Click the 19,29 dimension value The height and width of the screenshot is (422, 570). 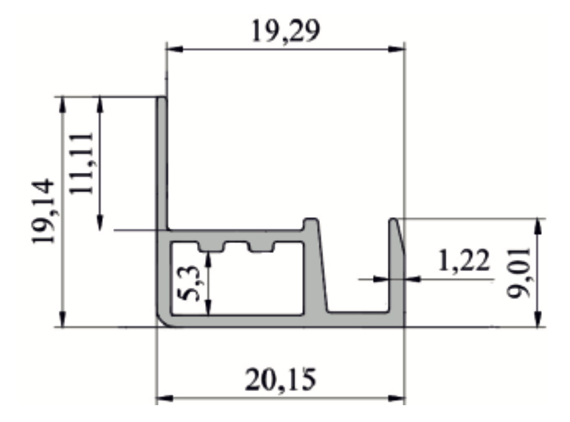tap(285, 31)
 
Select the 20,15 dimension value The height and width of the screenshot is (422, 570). tap(280, 380)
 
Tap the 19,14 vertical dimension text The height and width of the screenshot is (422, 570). tap(44, 211)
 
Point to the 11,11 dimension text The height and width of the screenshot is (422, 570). tap(82, 163)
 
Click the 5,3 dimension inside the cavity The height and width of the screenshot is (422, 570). tap(190, 283)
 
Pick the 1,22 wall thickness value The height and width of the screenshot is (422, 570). tap(464, 261)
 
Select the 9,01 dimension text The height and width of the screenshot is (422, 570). tap(518, 273)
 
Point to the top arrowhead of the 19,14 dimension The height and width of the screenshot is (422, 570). tap(62, 105)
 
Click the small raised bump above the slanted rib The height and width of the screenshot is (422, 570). tap(311, 224)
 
